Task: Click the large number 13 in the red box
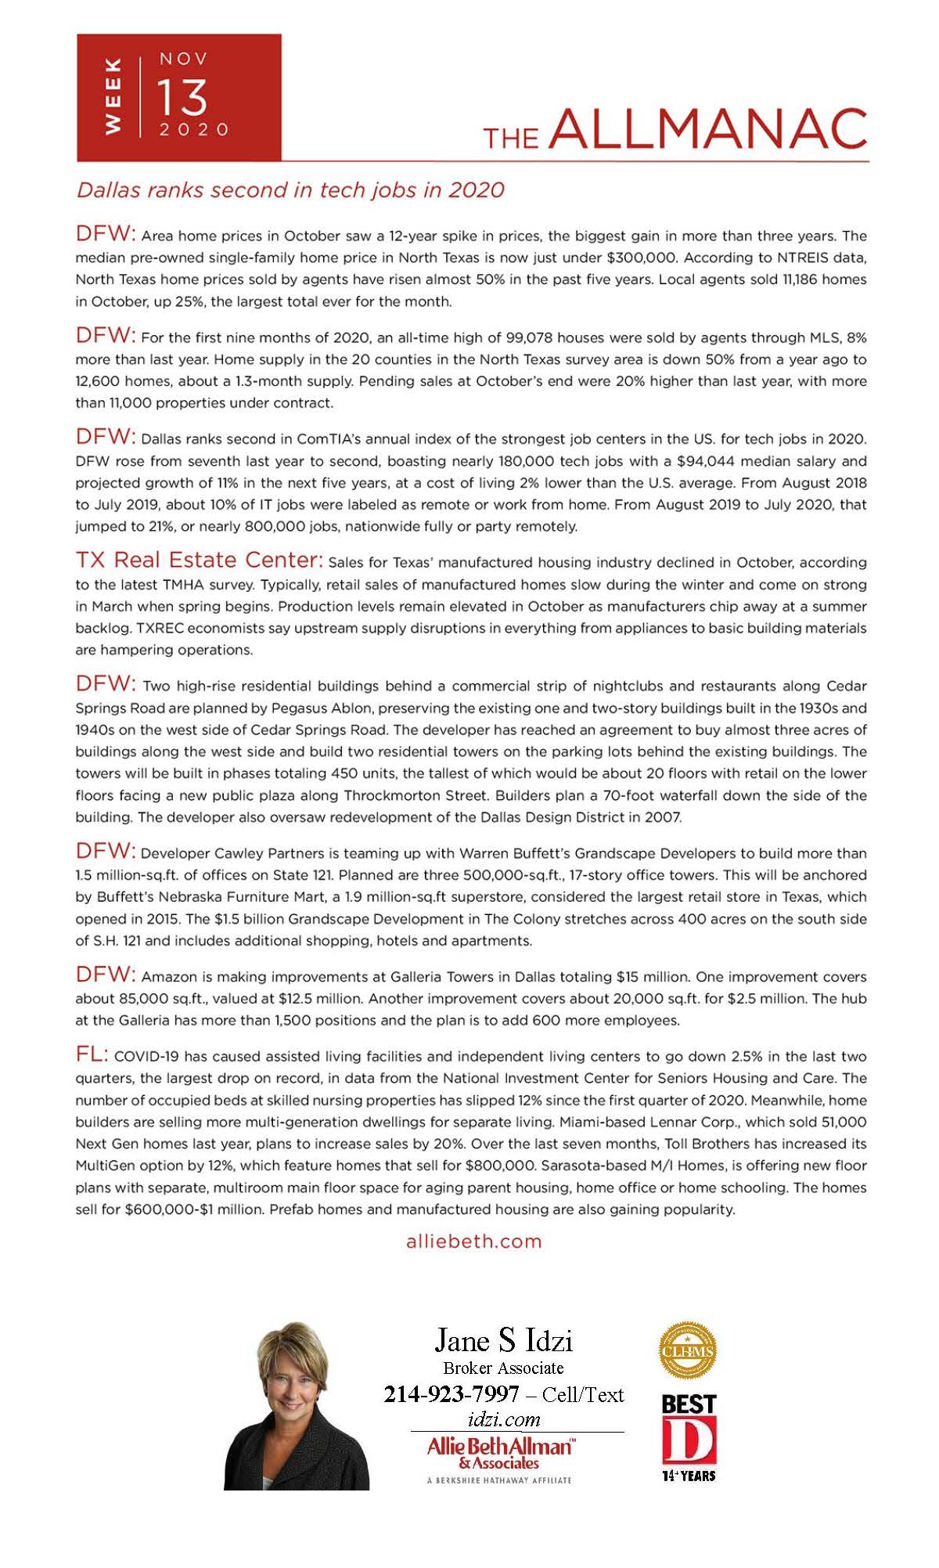(182, 97)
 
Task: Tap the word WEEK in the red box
(113, 96)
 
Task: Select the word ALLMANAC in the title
(709, 128)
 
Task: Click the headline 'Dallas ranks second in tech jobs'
(290, 190)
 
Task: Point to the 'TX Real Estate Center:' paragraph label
(199, 561)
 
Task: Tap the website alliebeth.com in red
(473, 1242)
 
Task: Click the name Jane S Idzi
(503, 1340)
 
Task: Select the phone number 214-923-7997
(452, 1394)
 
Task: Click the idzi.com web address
(503, 1419)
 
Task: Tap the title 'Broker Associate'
(503, 1368)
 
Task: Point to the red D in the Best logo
(689, 1440)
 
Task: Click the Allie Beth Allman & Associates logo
(499, 1453)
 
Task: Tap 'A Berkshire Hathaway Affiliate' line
(499, 1480)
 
